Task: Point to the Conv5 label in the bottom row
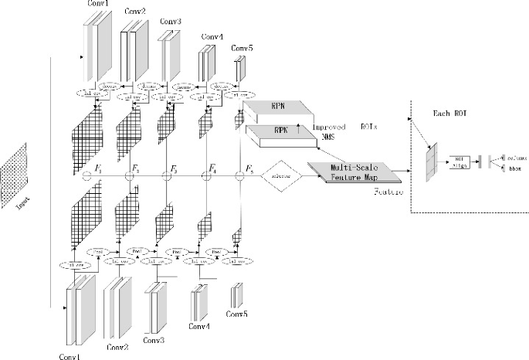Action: tap(236, 314)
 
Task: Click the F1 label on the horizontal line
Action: tap(97, 168)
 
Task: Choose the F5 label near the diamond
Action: tap(249, 168)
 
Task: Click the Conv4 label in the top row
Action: tap(212, 36)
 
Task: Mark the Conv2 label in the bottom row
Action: tap(117, 347)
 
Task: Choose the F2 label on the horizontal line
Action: tap(135, 168)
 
